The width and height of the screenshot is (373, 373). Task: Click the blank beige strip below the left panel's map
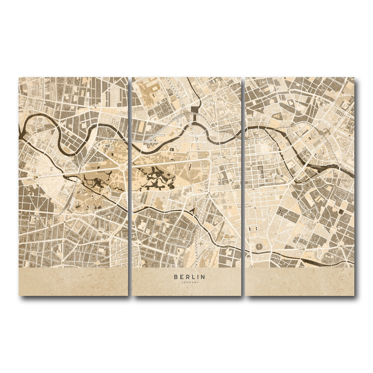click(x=73, y=281)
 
